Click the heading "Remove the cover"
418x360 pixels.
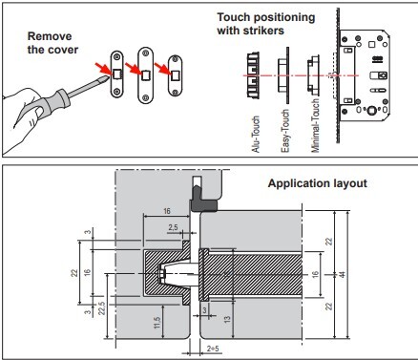(x=52, y=43)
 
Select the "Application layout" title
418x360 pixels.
(x=318, y=183)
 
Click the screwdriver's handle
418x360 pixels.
(x=54, y=98)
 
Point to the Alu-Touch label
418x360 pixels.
(x=256, y=134)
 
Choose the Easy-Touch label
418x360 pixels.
(x=285, y=131)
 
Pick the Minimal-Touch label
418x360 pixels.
(x=315, y=126)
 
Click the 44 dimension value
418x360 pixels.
(x=343, y=274)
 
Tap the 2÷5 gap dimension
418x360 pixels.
(x=213, y=349)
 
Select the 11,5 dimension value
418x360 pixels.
(x=157, y=323)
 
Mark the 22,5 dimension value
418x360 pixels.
(x=102, y=308)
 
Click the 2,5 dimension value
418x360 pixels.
(x=173, y=227)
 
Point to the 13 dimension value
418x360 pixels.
(x=227, y=319)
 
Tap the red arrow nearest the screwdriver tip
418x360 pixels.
(x=103, y=69)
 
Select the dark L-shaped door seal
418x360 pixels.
(x=202, y=199)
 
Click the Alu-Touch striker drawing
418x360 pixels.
(x=253, y=75)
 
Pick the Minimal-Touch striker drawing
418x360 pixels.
(x=313, y=75)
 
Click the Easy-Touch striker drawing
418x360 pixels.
(x=283, y=75)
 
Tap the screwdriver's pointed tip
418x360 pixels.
(x=107, y=77)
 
